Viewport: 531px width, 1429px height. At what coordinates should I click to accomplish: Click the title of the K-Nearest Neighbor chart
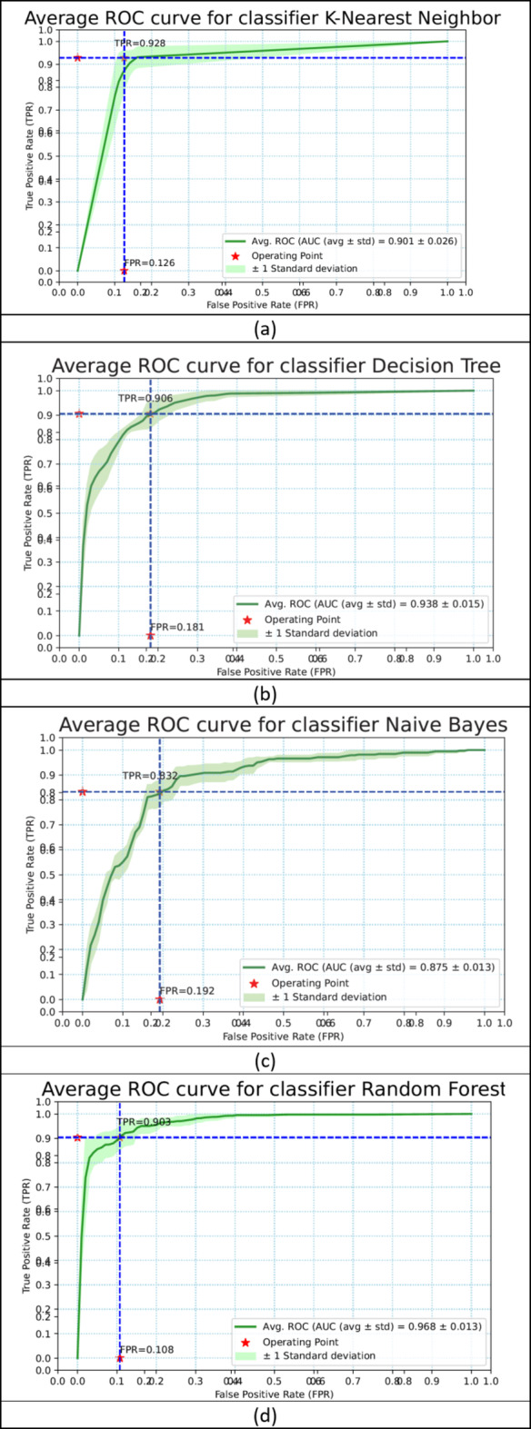coord(265,18)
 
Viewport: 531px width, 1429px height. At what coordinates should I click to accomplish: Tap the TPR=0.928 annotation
coord(140,44)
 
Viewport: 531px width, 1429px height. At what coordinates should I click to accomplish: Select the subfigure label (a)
coord(265,328)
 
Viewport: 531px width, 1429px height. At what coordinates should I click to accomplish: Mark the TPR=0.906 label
coord(144,398)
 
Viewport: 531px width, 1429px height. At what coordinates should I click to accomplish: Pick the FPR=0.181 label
coord(176,627)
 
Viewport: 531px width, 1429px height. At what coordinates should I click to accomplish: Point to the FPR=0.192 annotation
coord(187,990)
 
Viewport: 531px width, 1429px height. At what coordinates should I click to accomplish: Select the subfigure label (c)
coord(265,1060)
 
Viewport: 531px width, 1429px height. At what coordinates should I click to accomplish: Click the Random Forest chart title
coord(265,1088)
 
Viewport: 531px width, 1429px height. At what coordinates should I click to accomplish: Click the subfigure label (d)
coord(265,1414)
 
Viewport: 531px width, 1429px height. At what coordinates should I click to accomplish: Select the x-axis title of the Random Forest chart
coord(265,1392)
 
